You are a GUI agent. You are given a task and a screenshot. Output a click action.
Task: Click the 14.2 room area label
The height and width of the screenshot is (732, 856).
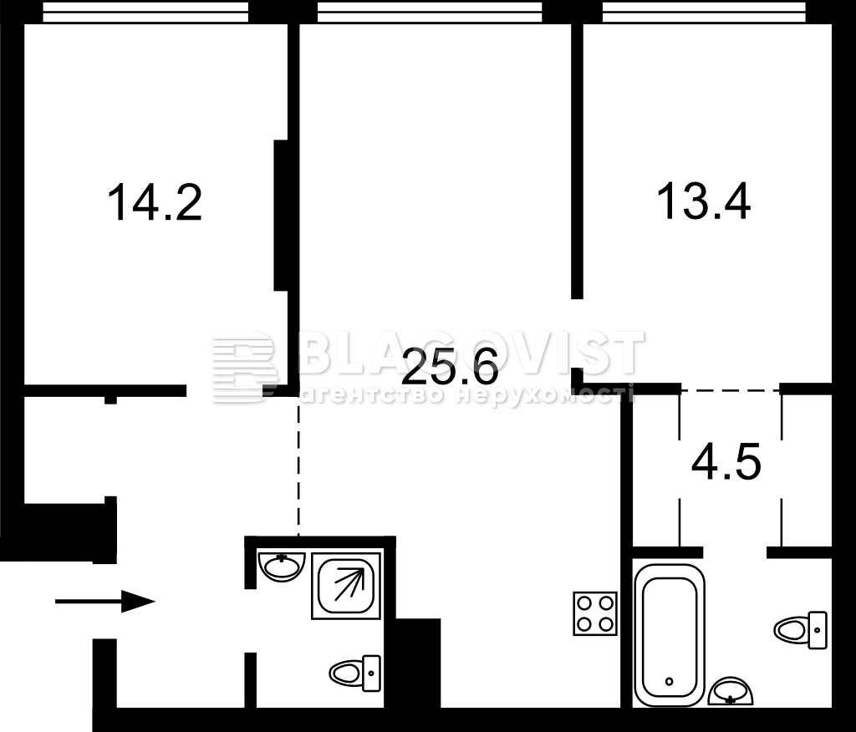[155, 202]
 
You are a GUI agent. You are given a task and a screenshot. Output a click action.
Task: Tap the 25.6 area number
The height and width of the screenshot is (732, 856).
[450, 367]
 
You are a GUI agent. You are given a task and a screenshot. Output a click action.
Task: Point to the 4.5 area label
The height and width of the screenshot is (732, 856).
[726, 464]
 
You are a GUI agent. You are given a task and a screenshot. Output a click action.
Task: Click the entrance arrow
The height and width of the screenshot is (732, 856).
[105, 602]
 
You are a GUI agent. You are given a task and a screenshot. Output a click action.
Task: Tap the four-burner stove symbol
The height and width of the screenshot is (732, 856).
[595, 613]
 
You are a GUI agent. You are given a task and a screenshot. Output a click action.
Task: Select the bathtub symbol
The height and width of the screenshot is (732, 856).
[670, 635]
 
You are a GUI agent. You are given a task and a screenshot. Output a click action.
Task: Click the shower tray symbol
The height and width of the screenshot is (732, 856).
[346, 585]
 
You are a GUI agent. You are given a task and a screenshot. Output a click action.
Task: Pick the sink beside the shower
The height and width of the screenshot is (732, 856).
[282, 567]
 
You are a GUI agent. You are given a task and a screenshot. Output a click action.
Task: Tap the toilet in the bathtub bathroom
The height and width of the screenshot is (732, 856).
[800, 630]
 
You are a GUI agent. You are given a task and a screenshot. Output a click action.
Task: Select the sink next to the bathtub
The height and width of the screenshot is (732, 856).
[731, 691]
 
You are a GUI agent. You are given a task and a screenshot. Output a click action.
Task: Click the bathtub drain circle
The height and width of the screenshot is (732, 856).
[670, 681]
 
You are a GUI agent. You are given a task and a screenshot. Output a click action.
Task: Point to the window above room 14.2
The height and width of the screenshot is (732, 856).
[145, 12]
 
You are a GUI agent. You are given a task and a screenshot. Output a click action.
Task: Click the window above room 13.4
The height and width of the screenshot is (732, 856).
[704, 12]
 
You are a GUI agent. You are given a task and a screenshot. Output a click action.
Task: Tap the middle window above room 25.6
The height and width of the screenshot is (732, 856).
[430, 12]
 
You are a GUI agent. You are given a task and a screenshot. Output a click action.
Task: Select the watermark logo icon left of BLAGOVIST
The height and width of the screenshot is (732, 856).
[245, 367]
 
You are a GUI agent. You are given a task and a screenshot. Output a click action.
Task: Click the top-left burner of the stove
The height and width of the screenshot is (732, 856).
[584, 603]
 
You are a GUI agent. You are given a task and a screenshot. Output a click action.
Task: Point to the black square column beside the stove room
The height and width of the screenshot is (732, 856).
[418, 663]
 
